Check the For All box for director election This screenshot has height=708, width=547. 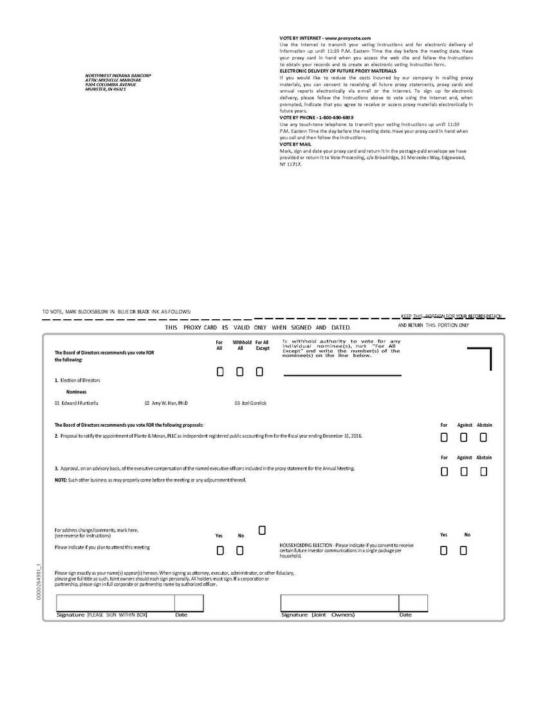(x=220, y=372)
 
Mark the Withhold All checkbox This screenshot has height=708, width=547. (x=240, y=372)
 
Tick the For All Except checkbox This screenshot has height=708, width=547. (x=259, y=372)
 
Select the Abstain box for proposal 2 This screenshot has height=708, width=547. (x=483, y=438)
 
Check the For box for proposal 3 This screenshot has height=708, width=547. (x=444, y=472)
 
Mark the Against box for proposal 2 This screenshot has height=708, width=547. (x=464, y=438)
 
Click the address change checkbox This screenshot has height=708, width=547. (x=262, y=530)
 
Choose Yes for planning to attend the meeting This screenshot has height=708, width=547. (x=220, y=550)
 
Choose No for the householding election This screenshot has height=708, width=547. (x=463, y=550)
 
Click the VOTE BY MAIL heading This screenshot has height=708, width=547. (x=295, y=144)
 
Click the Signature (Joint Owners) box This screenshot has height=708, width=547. (x=339, y=603)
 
